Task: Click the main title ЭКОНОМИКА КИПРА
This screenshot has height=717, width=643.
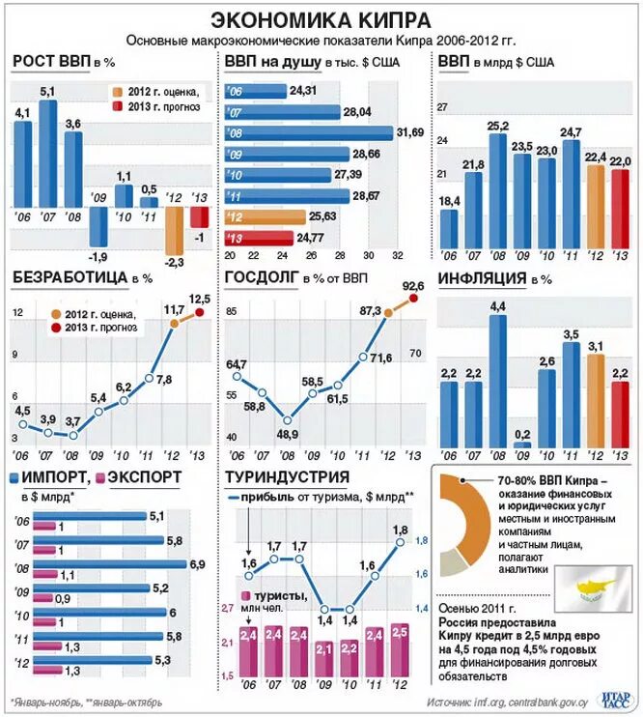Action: pyautogui.click(x=321, y=19)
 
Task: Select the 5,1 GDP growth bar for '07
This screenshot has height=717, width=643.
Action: pyautogui.click(x=48, y=153)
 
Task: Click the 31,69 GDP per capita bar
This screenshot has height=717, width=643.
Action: pyautogui.click(x=310, y=132)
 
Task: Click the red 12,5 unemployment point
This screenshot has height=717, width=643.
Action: pyautogui.click(x=201, y=312)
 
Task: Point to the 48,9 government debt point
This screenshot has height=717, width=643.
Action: pyautogui.click(x=286, y=419)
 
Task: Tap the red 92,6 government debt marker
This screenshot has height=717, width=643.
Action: pyautogui.click(x=415, y=299)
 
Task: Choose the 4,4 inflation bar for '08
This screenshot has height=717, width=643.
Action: pyautogui.click(x=498, y=380)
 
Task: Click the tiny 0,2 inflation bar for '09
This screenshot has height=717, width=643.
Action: pyautogui.click(x=522, y=445)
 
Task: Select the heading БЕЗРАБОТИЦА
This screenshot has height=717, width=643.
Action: pyautogui.click(x=70, y=278)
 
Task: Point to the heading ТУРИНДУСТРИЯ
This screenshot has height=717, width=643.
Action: pyautogui.click(x=287, y=476)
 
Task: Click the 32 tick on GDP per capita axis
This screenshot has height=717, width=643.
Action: pyautogui.click(x=397, y=256)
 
